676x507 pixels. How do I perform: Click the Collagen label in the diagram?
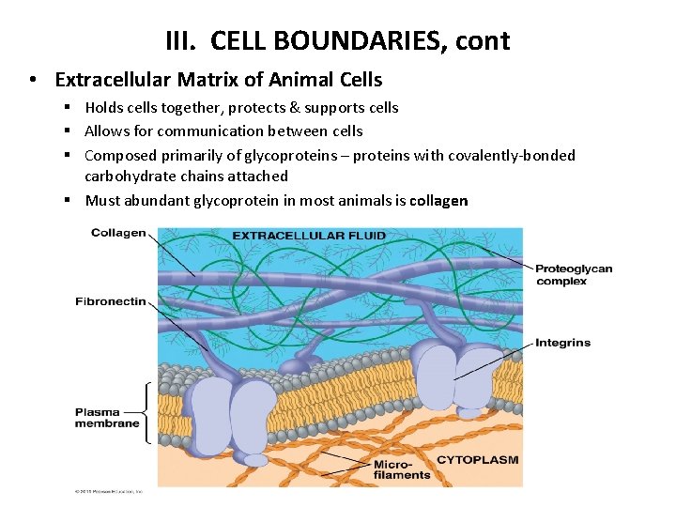(118, 233)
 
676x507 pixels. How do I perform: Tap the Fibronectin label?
(111, 301)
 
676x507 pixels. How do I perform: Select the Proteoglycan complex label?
(574, 274)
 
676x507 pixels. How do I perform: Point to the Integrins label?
(562, 343)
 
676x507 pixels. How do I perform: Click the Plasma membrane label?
(107, 417)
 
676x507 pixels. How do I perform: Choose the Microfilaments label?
(401, 469)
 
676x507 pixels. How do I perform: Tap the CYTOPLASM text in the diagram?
(477, 460)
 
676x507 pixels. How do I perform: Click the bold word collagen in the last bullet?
(438, 200)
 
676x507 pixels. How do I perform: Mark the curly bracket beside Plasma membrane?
(145, 411)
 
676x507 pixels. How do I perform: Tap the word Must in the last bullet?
(102, 200)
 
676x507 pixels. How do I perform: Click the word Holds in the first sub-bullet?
(104, 107)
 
